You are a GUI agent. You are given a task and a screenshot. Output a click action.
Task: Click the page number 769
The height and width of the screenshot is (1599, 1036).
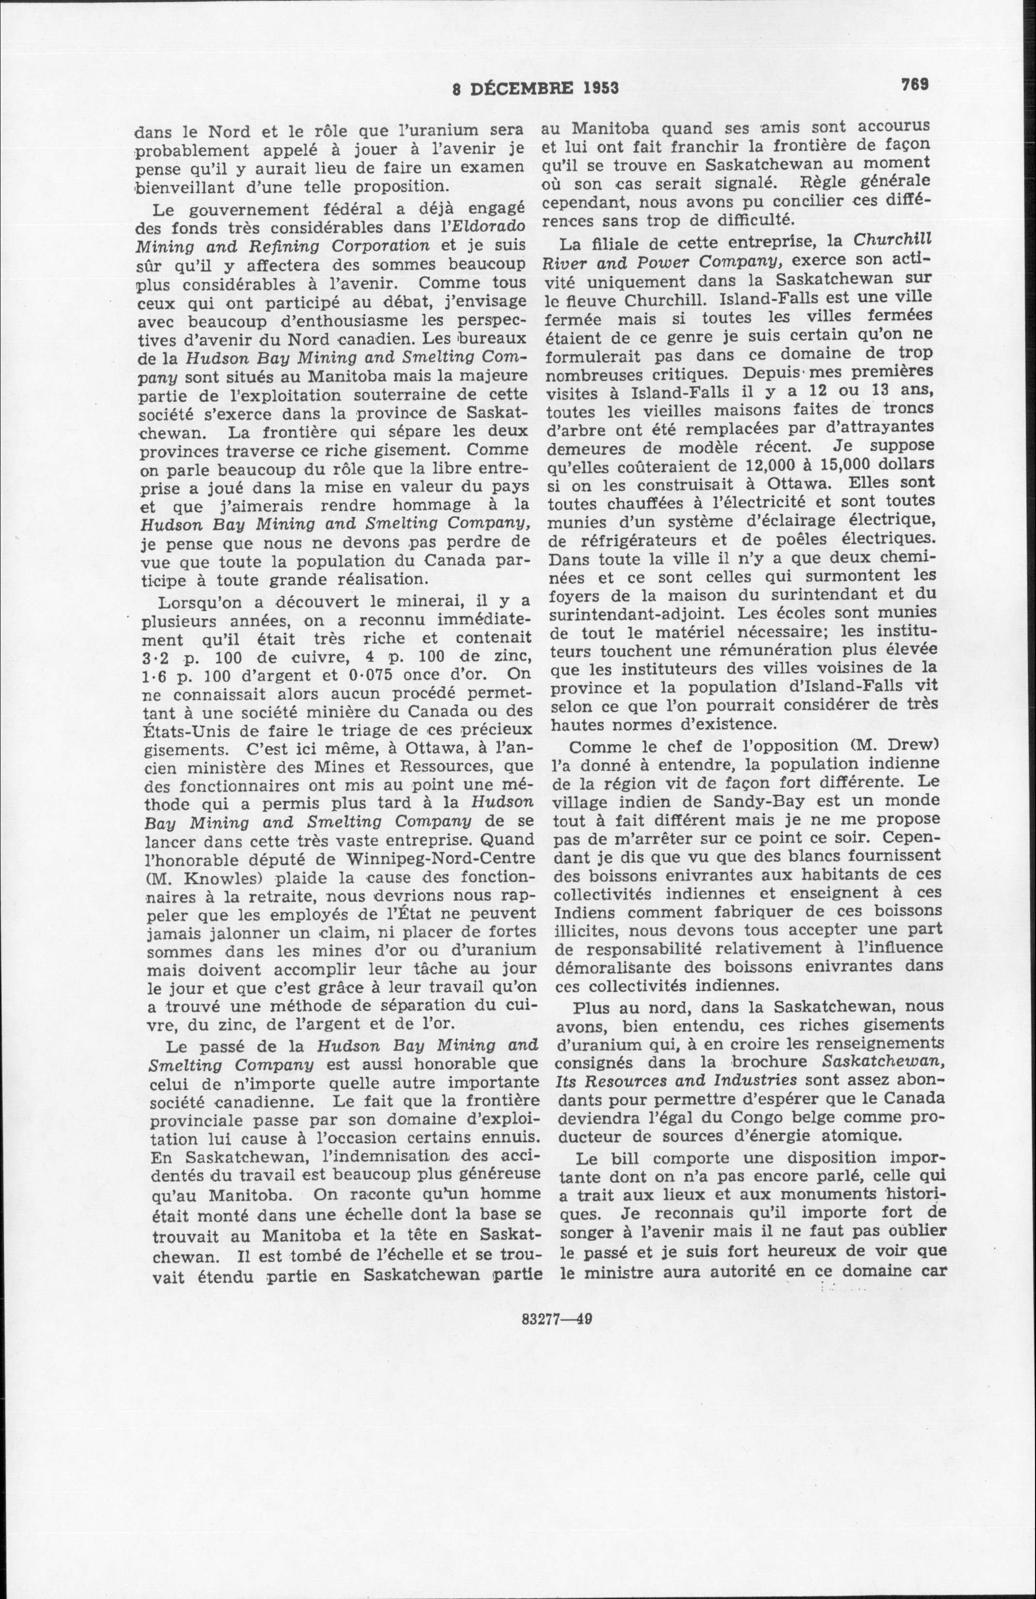pyautogui.click(x=915, y=84)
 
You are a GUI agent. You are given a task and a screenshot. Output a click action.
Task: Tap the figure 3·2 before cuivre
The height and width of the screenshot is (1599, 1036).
pyautogui.click(x=146, y=656)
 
